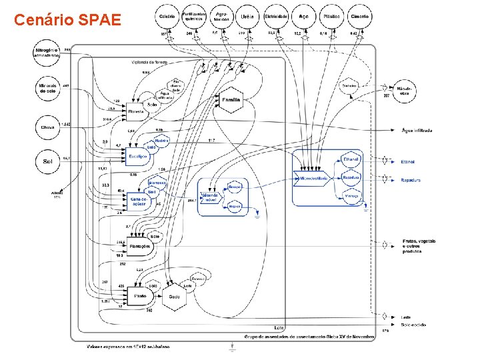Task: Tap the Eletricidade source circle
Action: coord(275,15)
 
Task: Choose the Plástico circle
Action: coord(331,15)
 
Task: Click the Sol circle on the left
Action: coord(47,161)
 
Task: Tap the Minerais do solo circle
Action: coord(47,89)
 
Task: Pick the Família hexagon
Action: coord(231,100)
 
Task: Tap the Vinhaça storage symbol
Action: coord(351,196)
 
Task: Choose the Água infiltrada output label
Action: coord(417,130)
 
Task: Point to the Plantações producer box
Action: coord(139,246)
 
